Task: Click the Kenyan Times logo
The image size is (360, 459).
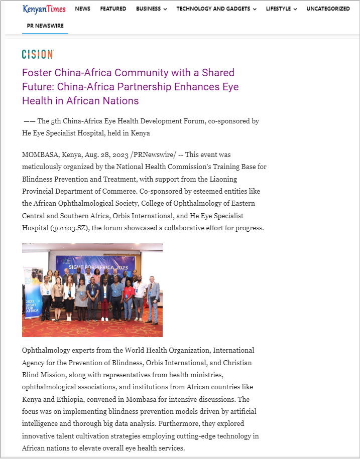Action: [x=44, y=9]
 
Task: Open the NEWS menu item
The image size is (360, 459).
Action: [x=83, y=9]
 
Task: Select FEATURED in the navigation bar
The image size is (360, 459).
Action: [x=113, y=9]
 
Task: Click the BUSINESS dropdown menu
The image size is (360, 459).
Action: [x=151, y=9]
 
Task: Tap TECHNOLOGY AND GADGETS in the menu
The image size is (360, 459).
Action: [x=216, y=9]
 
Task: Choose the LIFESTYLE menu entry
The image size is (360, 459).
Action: [x=281, y=9]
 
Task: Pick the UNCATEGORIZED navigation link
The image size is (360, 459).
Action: [x=328, y=9]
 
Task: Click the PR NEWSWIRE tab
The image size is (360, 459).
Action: [x=45, y=26]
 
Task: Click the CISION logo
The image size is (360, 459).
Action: [x=38, y=54]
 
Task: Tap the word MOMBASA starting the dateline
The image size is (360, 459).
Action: [x=40, y=155]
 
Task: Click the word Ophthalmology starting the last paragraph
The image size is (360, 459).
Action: [x=46, y=350]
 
